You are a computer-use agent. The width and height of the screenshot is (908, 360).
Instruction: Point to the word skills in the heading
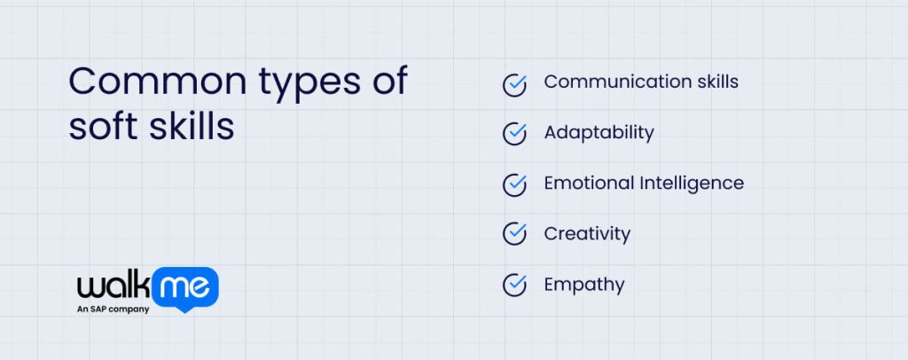[x=190, y=126]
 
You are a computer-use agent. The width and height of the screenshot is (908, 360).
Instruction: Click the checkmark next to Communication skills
[x=514, y=83]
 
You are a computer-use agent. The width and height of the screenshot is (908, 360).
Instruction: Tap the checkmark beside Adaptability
[x=514, y=133]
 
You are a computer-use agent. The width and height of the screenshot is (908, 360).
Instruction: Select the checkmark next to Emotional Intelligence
[x=514, y=184]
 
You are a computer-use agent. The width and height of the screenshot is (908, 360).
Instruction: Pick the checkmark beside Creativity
[x=514, y=234]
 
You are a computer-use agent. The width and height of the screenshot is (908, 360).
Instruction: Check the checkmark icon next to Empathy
[x=514, y=285]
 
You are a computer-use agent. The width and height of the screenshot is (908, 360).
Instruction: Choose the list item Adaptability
[x=599, y=133]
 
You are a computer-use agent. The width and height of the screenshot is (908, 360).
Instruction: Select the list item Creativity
[x=587, y=234]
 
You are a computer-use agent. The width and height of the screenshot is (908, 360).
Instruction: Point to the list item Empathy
[x=584, y=286]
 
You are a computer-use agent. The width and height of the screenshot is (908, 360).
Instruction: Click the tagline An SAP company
[x=113, y=309]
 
